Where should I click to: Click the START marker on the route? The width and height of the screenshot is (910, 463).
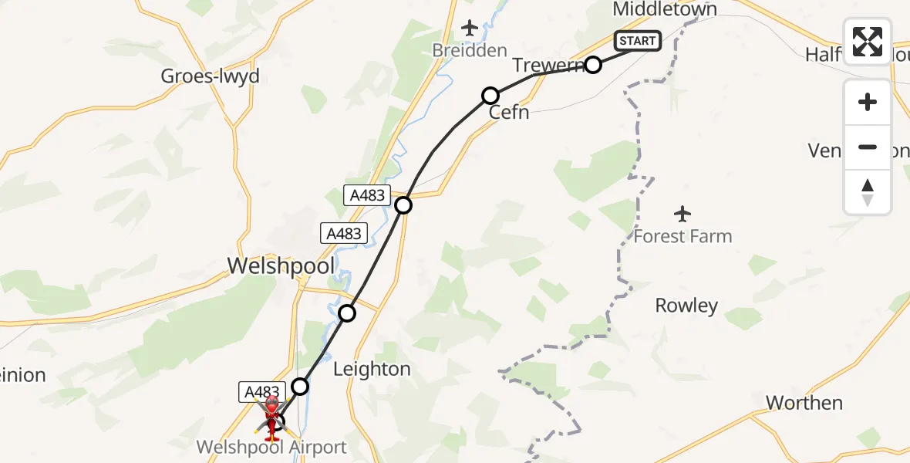coord(637,41)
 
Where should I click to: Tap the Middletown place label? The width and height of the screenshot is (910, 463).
coord(665,9)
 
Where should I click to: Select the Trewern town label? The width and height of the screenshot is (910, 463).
coord(548,66)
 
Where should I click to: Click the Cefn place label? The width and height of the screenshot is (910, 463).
coord(509,113)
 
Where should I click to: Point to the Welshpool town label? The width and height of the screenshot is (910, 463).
coord(281,266)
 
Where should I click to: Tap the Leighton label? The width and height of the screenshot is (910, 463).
coord(372,370)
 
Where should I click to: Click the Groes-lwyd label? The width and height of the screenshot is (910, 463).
coord(210,76)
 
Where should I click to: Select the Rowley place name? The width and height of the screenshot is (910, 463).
coord(686,306)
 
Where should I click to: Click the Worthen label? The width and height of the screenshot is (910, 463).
coord(804,403)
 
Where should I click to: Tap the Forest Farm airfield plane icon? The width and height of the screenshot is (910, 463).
coord(682,213)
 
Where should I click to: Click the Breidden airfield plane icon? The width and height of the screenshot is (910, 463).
coord(470,29)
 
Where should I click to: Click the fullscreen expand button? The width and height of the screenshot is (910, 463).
coord(868,42)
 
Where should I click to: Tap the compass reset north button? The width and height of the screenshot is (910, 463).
coord(868,191)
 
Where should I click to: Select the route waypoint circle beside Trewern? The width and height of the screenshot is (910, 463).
coord(592,65)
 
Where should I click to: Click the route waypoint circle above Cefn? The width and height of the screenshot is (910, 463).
coord(490,96)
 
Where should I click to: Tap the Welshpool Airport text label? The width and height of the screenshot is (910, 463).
coord(271,448)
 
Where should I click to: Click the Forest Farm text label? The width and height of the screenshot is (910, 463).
coord(682,236)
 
